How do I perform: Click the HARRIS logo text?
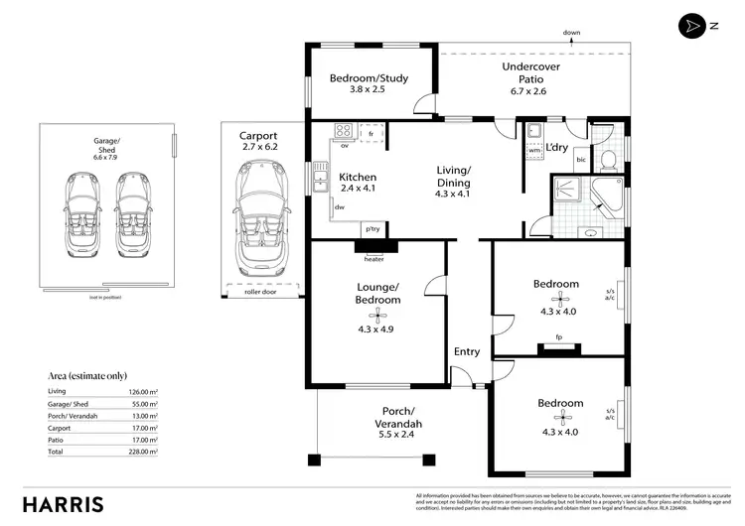pos(63,503)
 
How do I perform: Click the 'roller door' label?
pos(259,293)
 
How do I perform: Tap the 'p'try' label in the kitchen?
pos(373,229)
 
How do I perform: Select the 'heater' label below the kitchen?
pos(373,259)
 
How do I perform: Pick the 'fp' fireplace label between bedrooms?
pos(559,336)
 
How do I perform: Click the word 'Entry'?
pos(467,351)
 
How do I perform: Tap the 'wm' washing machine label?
pos(534,151)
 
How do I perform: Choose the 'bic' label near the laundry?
pos(582,160)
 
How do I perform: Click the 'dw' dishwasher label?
pos(340,207)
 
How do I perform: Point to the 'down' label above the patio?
pos(571,33)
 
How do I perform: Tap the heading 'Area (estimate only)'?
pos(87,376)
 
